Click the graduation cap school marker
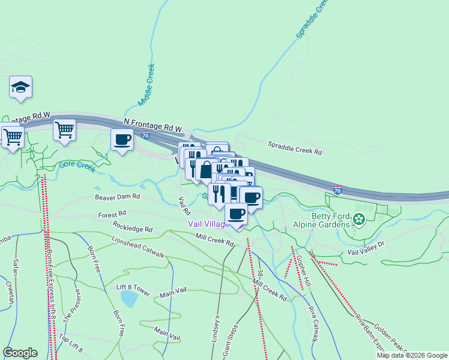[x=20, y=87]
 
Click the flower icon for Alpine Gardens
[x=359, y=220]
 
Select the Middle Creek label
[x=146, y=85]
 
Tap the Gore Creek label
[x=77, y=166]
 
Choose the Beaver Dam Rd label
[x=117, y=196]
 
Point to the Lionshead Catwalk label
[x=138, y=247]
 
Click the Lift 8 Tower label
[x=133, y=289]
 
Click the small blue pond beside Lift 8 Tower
[x=128, y=298]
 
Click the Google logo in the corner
[x=20, y=352]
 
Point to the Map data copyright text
[x=412, y=355]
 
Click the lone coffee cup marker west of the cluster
[x=122, y=140]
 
